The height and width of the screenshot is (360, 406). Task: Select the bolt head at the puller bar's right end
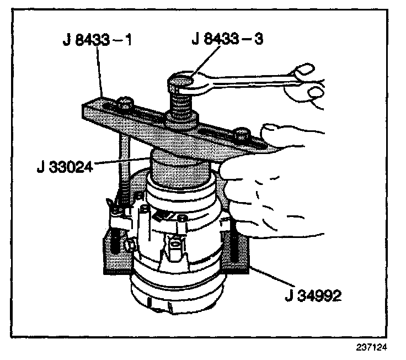click(241, 134)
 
